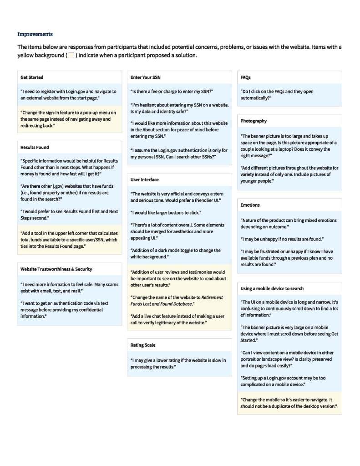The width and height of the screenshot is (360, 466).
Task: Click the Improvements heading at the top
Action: pos(35,34)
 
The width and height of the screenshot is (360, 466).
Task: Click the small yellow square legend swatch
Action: pos(71,55)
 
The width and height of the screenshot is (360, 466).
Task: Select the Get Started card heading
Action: pos(32,77)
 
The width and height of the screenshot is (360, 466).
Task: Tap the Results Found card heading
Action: pos(35,147)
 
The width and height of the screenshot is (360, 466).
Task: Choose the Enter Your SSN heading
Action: pos(145,77)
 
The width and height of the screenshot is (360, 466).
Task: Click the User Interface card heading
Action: pos(145,179)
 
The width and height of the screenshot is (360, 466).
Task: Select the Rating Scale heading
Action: pos(143,345)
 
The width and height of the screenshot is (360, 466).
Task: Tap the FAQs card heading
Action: pos(245,77)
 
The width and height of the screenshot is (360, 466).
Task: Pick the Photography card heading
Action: pos(254,121)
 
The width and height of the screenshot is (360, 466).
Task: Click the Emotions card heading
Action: pos(250,205)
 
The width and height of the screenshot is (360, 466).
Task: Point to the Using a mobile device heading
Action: pos(272,288)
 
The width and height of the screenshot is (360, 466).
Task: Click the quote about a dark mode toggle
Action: pos(176,254)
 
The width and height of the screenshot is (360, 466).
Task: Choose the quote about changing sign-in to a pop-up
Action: pos(66,119)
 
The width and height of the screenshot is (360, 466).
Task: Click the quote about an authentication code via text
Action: pos(64,309)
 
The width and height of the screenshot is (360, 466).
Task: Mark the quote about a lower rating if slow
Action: pos(178,364)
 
